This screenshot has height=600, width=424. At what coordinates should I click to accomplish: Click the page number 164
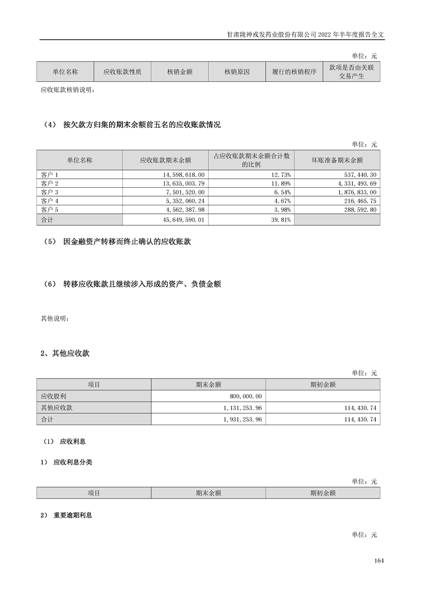pos(380,560)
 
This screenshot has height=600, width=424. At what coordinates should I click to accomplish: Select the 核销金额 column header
pos(180,71)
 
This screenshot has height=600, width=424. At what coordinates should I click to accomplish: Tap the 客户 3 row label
pos(49,192)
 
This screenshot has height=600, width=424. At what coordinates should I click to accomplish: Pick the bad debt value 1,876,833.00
pos(354,192)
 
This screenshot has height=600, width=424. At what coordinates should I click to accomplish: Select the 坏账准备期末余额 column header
pos(337,160)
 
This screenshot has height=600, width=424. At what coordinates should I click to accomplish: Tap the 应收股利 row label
pos(53,396)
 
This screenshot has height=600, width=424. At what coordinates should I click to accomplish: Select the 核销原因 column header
pos(237,71)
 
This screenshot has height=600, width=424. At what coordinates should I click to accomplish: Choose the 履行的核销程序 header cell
pos(294,71)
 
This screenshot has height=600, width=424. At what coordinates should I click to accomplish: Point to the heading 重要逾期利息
pos(73,516)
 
